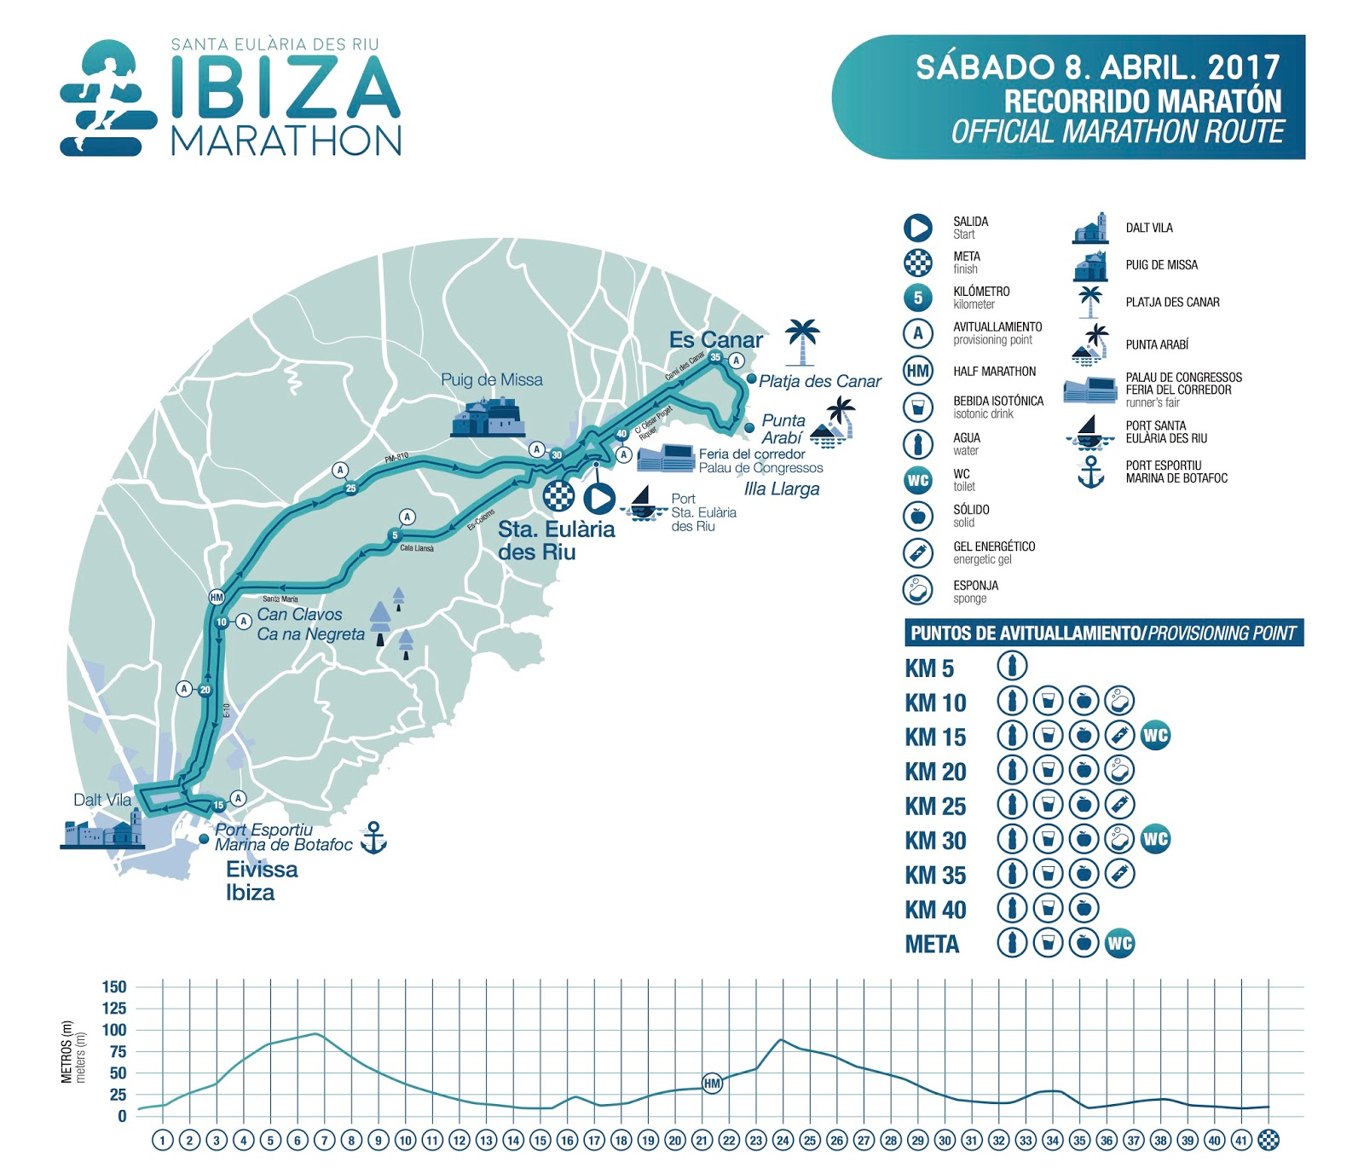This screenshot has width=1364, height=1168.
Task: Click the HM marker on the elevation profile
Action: point(712,1084)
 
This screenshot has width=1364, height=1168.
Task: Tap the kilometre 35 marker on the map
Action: point(715,357)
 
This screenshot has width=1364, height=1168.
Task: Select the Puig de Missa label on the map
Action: point(491,380)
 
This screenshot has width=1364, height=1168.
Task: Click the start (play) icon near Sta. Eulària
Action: point(599,498)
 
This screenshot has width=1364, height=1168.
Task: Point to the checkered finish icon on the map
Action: point(558,495)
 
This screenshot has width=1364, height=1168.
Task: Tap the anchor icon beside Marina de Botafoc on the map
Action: point(373,838)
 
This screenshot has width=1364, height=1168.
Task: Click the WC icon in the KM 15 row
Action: point(1155,735)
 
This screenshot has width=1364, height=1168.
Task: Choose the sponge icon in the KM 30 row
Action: point(1118,840)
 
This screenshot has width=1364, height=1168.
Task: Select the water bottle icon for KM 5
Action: point(1013,666)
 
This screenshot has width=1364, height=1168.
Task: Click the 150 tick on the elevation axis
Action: point(114,987)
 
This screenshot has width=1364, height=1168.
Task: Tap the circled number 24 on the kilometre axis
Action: point(783,1140)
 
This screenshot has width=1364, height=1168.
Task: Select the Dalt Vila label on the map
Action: point(102,800)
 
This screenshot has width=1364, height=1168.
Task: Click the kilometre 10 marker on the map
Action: point(222,622)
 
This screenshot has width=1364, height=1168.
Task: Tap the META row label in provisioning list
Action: point(932,945)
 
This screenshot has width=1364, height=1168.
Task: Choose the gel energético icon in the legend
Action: point(917,552)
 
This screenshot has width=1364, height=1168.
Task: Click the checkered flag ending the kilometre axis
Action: point(1269,1140)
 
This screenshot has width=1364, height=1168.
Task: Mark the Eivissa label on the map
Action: point(262,870)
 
